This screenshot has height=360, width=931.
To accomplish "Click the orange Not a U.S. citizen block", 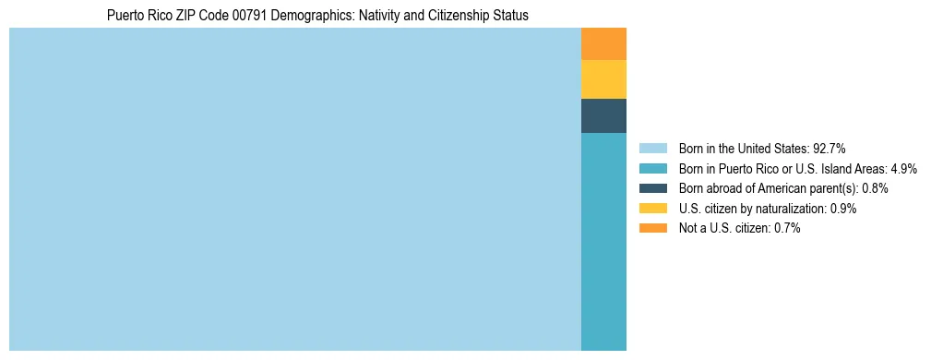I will (603, 44).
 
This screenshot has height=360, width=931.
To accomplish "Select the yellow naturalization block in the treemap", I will (603, 79).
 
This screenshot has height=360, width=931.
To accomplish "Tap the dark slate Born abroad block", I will (603, 115).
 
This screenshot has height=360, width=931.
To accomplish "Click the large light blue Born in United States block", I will (295, 189).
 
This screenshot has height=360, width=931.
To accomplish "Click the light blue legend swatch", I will (652, 149).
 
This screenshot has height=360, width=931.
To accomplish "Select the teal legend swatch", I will (652, 169).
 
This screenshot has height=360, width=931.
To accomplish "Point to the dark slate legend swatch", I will (652, 188).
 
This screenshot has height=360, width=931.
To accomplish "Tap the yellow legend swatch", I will (652, 209).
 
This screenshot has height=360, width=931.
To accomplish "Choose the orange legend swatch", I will (652, 229).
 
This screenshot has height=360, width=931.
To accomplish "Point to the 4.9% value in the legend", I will (903, 169).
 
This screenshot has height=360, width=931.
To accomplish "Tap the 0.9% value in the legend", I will (843, 209).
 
